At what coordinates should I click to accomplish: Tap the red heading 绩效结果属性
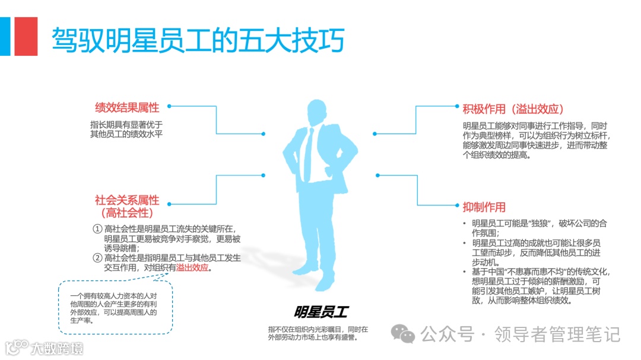click(x=127, y=108)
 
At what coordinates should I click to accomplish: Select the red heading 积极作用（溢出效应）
click(x=513, y=109)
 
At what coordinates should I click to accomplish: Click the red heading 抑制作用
click(x=484, y=207)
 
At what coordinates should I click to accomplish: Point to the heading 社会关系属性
click(x=127, y=200)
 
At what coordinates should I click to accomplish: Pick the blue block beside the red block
click(x=5, y=36)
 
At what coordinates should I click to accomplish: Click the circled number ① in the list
click(x=97, y=229)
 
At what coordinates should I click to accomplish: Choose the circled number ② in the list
click(x=97, y=258)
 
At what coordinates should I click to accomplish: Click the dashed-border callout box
click(x=115, y=307)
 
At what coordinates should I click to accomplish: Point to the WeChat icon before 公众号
click(x=407, y=334)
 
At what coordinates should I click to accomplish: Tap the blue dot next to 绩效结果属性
click(x=169, y=106)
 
